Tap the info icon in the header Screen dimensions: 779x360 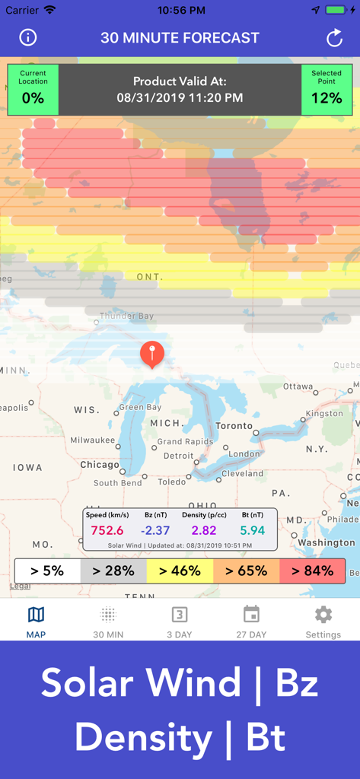pyautogui.click(x=28, y=38)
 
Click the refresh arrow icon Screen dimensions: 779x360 pyautogui.click(x=334, y=38)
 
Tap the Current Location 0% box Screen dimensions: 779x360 pyautogui.click(x=33, y=90)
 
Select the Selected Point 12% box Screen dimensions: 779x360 pyautogui.click(x=327, y=90)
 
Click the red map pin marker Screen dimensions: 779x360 pyautogui.click(x=151, y=354)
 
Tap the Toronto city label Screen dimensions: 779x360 pyautogui.click(x=234, y=426)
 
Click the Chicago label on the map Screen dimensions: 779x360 pyautogui.click(x=100, y=465)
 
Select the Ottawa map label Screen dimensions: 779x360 pyautogui.click(x=298, y=386)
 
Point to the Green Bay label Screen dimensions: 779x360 pyautogui.click(x=142, y=407)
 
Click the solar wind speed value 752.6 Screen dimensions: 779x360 pyautogui.click(x=107, y=531)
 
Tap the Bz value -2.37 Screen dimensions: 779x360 pyautogui.click(x=155, y=531)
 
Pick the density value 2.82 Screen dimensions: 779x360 pyautogui.click(x=204, y=531)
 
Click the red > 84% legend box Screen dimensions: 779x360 pyautogui.click(x=313, y=571)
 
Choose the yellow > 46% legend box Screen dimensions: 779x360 pyautogui.click(x=180, y=571)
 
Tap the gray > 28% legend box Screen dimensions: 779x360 pyautogui.click(x=113, y=571)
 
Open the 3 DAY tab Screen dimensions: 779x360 pyautogui.click(x=180, y=622)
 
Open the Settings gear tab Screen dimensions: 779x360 pyautogui.click(x=323, y=622)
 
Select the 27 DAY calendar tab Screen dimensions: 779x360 pyautogui.click(x=251, y=622)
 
